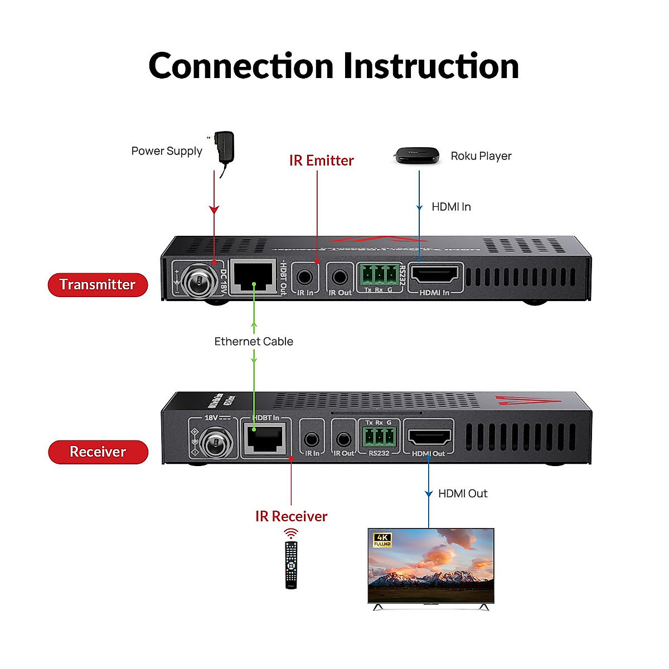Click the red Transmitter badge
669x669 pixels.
coord(98,285)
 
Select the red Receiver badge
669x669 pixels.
coord(98,452)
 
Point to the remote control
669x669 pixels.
coord(291,564)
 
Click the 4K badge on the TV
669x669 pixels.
coord(382,540)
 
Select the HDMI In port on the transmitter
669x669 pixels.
coord(434,275)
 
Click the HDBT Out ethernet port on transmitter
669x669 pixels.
coord(254,276)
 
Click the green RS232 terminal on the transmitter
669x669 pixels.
coord(379,275)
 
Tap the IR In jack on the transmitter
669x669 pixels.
coord(305,277)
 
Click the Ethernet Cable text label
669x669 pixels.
coord(254,342)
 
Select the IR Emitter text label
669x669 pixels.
coord(321,161)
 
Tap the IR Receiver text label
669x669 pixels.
coord(291,517)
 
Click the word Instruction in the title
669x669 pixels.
coord(430,66)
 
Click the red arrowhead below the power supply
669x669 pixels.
coord(214,210)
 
